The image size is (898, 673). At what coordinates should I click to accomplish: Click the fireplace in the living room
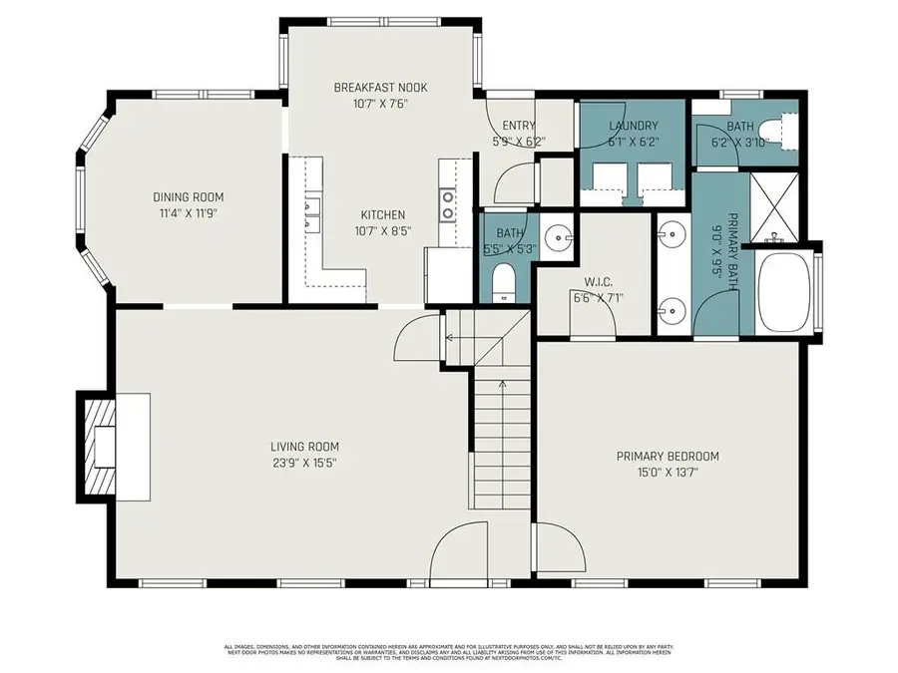click(102, 446)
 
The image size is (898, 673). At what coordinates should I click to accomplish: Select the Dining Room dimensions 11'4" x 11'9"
click(188, 212)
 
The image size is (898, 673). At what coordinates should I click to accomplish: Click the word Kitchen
click(382, 214)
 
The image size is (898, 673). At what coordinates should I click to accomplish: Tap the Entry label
click(519, 125)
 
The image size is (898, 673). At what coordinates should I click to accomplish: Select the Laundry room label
click(633, 126)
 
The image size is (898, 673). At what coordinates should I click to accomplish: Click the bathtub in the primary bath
click(785, 293)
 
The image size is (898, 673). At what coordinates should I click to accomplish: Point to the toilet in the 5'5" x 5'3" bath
click(505, 281)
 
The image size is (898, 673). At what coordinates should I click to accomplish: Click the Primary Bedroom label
click(667, 457)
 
